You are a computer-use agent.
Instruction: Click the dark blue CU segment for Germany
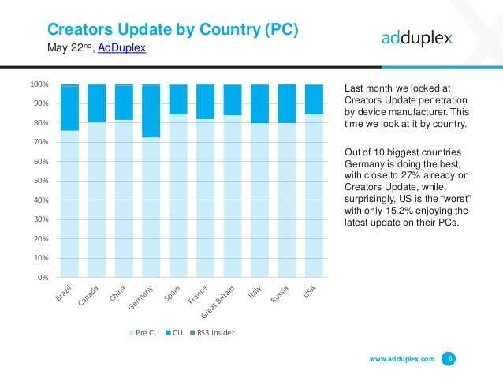151,110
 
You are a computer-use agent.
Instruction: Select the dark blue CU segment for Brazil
69,107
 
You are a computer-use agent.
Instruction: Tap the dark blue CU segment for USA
314,99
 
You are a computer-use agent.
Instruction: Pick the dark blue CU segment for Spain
178,99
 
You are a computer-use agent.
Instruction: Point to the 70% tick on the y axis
41,142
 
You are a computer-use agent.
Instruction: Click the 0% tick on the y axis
43,278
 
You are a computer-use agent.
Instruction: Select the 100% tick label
39,84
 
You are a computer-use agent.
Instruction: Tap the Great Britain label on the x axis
218,301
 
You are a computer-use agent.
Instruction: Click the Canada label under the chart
88,295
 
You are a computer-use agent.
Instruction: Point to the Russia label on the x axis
279,294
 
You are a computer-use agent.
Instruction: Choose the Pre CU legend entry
143,332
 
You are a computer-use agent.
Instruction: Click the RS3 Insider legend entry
212,332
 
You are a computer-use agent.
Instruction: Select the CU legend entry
174,332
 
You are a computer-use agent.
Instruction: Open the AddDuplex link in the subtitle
121,47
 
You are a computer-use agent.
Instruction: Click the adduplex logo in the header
417,38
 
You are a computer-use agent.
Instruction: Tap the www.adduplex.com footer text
402,359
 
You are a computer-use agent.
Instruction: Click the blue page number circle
449,358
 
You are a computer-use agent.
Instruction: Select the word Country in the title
230,30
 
